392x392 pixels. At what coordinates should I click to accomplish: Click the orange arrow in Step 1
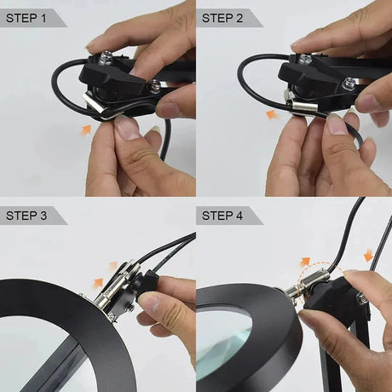[x=86, y=129]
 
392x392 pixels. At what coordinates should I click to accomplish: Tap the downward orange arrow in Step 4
[x=368, y=255]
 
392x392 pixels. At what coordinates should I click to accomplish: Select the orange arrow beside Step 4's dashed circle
[x=305, y=262]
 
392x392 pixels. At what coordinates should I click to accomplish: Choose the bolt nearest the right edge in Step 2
[x=349, y=85]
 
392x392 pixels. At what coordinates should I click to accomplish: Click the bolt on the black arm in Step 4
[x=362, y=297]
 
